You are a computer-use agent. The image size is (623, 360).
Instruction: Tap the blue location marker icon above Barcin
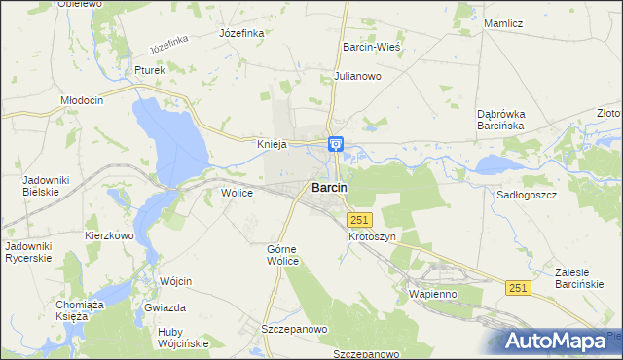pyautogui.click(x=336, y=145)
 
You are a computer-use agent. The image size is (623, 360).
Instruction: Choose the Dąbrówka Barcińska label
pyautogui.click(x=501, y=120)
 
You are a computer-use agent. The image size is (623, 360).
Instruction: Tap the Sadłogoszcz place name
pyautogui.click(x=525, y=195)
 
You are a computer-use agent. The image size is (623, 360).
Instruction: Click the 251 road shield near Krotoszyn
pyautogui.click(x=359, y=221)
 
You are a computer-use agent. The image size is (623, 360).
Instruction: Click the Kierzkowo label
pyautogui.click(x=109, y=235)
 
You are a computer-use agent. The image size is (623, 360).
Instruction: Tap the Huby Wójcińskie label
pyautogui.click(x=184, y=338)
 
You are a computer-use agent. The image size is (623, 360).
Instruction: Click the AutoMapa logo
pyautogui.click(x=561, y=342)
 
